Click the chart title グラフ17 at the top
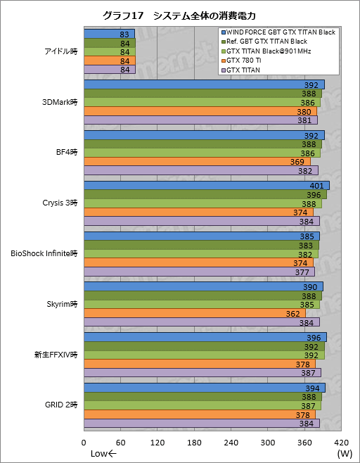click(124, 15)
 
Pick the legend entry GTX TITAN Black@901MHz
click(268, 51)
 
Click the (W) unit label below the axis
click(344, 454)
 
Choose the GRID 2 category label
click(61, 406)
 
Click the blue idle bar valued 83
click(109, 34)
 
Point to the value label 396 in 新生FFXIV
click(314, 338)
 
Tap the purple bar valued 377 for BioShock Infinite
click(199, 272)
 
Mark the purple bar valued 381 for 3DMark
click(200, 120)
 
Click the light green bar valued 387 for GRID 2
click(202, 406)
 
